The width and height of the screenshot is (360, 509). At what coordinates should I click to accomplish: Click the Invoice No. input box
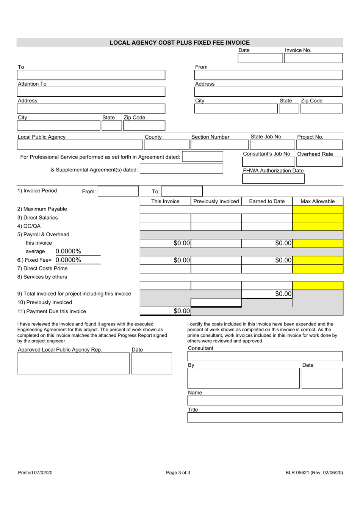[313, 58]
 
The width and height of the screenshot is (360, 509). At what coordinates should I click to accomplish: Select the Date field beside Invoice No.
[260, 58]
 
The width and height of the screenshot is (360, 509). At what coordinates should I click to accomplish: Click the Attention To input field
[91, 92]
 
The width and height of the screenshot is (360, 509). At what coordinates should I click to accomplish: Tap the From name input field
[268, 75]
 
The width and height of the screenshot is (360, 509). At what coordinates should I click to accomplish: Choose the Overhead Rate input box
[319, 162]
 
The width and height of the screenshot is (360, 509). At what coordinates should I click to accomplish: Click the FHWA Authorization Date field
[273, 179]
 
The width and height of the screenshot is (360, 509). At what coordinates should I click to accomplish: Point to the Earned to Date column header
[267, 201]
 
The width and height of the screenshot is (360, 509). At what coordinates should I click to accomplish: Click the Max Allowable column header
[318, 201]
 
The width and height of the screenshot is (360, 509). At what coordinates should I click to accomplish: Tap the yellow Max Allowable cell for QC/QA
[318, 226]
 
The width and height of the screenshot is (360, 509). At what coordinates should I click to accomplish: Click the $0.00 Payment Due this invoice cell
[165, 311]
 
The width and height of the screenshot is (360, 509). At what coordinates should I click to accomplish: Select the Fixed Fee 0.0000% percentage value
[69, 260]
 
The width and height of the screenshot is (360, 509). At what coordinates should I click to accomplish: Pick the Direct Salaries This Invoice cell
[165, 218]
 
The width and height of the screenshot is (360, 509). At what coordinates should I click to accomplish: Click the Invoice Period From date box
[118, 191]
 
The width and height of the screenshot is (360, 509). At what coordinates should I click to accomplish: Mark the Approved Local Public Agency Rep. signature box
[74, 363]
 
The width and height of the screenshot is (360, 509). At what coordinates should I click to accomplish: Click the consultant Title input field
[265, 418]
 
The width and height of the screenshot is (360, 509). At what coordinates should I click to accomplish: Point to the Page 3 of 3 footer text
[178, 473]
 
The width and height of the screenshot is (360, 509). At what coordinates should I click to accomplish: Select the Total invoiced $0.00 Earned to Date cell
[267, 294]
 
